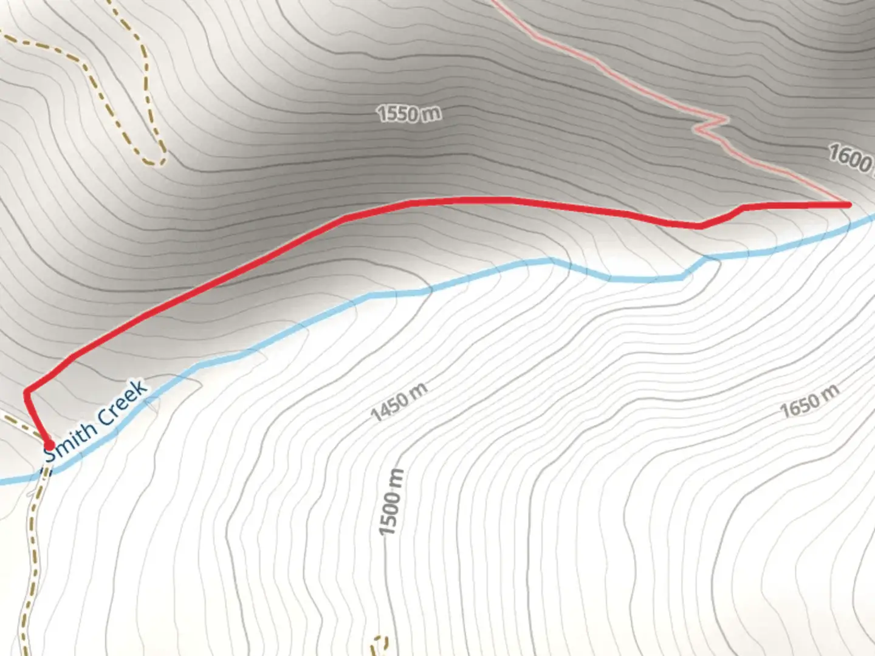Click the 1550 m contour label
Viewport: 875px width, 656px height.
pyautogui.click(x=408, y=114)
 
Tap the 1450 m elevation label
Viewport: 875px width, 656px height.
pyautogui.click(x=399, y=401)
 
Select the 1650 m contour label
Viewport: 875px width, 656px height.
pyautogui.click(x=809, y=401)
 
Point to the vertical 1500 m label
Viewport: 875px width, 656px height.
pyautogui.click(x=391, y=502)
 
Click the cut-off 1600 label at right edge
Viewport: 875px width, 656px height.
pyautogui.click(x=851, y=159)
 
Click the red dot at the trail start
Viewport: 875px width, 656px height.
pyautogui.click(x=49, y=446)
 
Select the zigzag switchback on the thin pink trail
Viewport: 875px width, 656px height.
pyautogui.click(x=711, y=125)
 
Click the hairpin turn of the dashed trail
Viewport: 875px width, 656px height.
pyautogui.click(x=157, y=160)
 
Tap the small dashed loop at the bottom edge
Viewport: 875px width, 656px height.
pyautogui.click(x=380, y=643)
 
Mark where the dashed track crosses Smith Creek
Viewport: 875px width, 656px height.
pyautogui.click(x=44, y=471)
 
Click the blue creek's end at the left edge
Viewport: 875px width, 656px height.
pyautogui.click(x=2, y=482)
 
